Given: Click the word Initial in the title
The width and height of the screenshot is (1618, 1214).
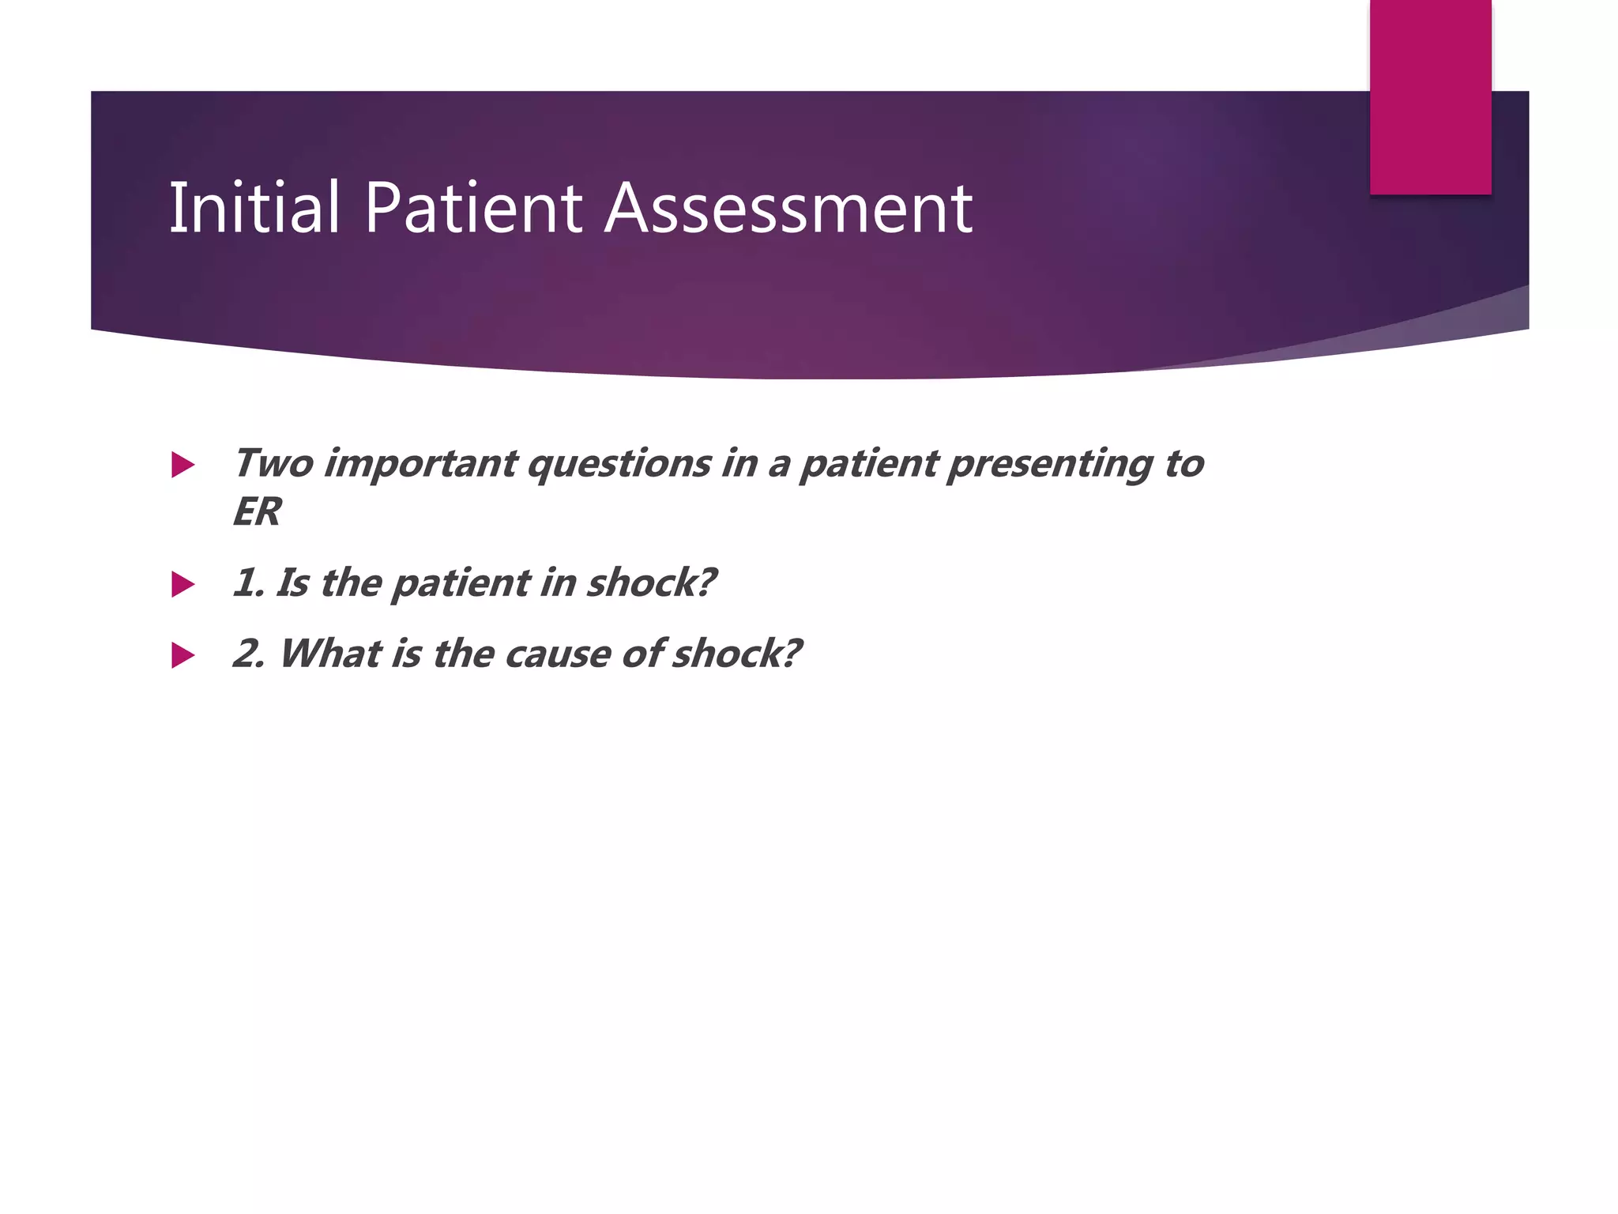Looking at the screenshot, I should coord(254,208).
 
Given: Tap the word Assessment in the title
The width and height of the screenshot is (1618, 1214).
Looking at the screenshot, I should coord(788,208).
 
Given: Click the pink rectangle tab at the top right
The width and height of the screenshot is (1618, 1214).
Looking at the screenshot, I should coord(1430,96).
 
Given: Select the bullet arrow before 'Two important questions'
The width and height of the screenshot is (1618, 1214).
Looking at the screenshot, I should coord(182,465).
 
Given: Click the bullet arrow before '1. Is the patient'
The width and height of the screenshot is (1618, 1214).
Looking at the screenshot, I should coord(182,585).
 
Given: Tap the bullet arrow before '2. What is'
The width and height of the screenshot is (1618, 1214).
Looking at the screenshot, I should coord(182,655).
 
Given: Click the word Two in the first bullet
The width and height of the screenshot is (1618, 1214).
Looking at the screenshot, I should coord(273,463).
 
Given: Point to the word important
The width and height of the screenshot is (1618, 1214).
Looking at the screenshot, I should coord(421,463).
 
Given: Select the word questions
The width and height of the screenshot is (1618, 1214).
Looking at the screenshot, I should coord(619,465).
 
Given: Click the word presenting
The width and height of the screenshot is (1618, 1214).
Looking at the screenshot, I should coord(1051,465).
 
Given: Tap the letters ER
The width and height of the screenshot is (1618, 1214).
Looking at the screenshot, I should coord(257,512).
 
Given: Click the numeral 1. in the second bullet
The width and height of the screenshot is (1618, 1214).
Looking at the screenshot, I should coord(247,583).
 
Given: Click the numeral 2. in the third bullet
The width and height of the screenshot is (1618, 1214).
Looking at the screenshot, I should coord(249,654).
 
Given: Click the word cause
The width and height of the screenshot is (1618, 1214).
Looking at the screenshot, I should coord(558,654).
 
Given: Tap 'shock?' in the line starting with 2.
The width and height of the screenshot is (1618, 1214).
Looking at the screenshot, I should coord(736,654).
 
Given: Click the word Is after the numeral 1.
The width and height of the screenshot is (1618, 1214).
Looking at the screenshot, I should coord(292,583).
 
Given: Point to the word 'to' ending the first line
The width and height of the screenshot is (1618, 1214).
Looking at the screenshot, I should coord(1183,463).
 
